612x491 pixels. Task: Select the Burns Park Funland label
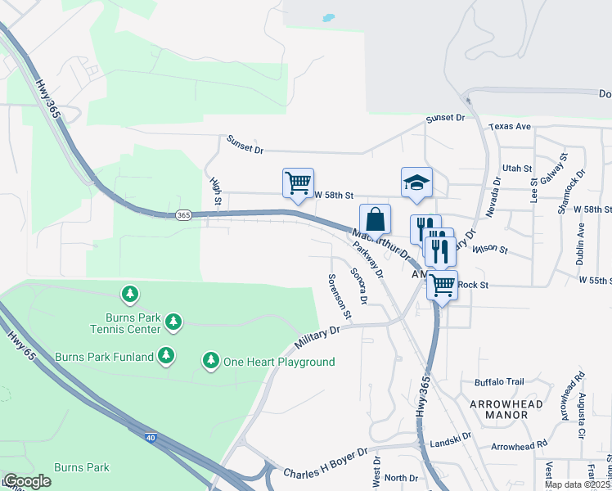(104, 357)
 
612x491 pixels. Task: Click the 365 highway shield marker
(183, 215)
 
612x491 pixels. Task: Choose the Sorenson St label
(340, 295)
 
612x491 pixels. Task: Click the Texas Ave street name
(510, 127)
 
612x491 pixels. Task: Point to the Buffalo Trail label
(498, 382)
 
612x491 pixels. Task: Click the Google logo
(26, 481)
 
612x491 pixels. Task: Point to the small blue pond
(328, 17)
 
